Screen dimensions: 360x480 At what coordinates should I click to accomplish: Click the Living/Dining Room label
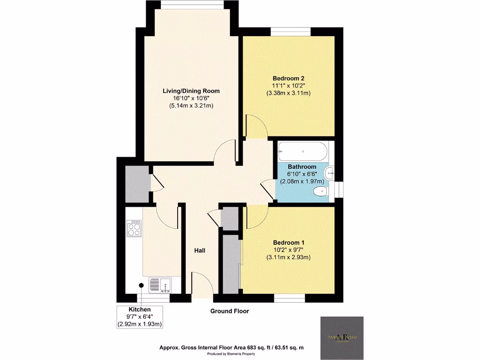pyautogui.click(x=191, y=90)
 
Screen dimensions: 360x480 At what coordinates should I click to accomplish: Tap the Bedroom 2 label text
pyautogui.click(x=289, y=78)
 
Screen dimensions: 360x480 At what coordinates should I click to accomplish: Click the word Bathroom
pyautogui.click(x=302, y=167)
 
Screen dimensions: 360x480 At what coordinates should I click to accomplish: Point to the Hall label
pyautogui.click(x=200, y=251)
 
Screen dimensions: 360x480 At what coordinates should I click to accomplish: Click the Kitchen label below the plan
pyautogui.click(x=140, y=309)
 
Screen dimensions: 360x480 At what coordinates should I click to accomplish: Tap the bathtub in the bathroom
pyautogui.click(x=302, y=151)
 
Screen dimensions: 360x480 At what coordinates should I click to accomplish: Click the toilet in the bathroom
pyautogui.click(x=321, y=191)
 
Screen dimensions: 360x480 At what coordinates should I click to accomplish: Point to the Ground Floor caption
pyautogui.click(x=229, y=311)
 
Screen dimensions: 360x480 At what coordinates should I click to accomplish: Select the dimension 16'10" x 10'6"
pyautogui.click(x=191, y=98)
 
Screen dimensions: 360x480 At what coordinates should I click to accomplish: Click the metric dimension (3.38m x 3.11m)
pyautogui.click(x=289, y=93)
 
